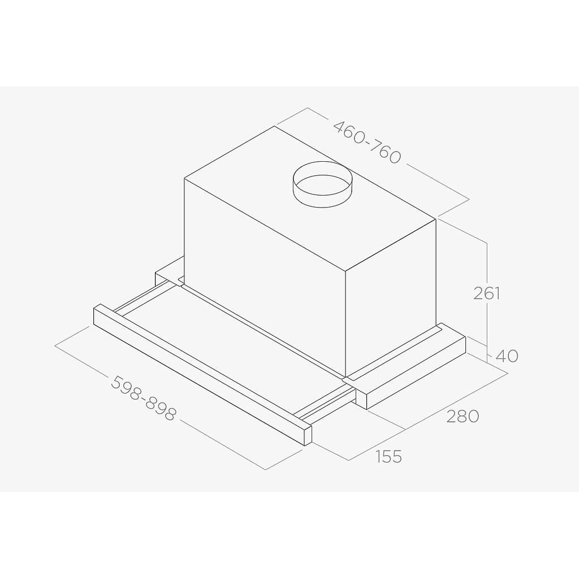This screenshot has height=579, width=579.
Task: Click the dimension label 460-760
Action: point(366,142)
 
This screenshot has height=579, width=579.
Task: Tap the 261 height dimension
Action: point(487,293)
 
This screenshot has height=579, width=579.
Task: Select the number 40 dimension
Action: point(507,356)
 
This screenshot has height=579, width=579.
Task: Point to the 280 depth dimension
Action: point(463,416)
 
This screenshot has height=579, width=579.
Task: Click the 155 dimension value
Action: point(388,456)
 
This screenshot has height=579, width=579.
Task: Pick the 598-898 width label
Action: point(143,399)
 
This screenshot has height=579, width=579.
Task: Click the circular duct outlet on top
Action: point(322,185)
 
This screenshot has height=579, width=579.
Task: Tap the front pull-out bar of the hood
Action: point(202,375)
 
